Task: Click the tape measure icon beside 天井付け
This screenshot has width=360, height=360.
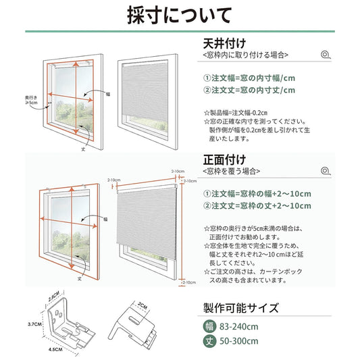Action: coord(327,54)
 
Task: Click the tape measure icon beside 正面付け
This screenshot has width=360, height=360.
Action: coord(327,172)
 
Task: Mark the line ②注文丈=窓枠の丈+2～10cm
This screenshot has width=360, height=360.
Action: coord(257,205)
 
